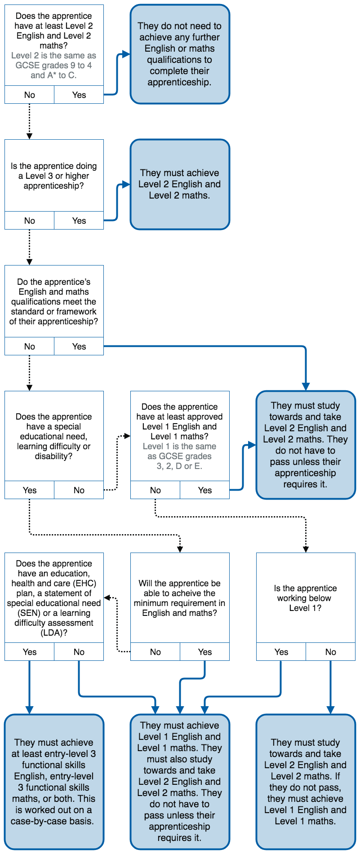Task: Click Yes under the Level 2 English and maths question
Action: (x=79, y=95)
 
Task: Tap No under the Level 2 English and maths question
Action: (x=29, y=95)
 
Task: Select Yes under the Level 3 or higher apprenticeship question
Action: (x=79, y=221)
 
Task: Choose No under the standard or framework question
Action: (x=29, y=346)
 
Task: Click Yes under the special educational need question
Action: (x=29, y=490)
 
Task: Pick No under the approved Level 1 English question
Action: (x=155, y=490)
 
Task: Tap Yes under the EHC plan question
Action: (x=29, y=652)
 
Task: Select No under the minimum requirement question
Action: (x=155, y=652)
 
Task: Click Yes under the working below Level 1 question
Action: (x=281, y=652)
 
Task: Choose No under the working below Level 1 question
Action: (x=330, y=652)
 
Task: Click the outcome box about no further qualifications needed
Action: (x=180, y=54)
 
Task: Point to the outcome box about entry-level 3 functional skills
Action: (x=54, y=782)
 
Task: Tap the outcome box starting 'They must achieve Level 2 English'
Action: (x=180, y=184)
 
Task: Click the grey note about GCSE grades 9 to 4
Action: (x=53, y=66)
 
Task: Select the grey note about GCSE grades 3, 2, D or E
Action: (x=179, y=456)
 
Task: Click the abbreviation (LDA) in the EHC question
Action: (x=54, y=633)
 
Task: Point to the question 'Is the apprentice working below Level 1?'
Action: (x=306, y=598)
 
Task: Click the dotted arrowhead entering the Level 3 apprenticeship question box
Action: (x=29, y=136)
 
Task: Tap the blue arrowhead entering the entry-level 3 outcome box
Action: (x=29, y=710)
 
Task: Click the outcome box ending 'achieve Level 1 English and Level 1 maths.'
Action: (x=306, y=782)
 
